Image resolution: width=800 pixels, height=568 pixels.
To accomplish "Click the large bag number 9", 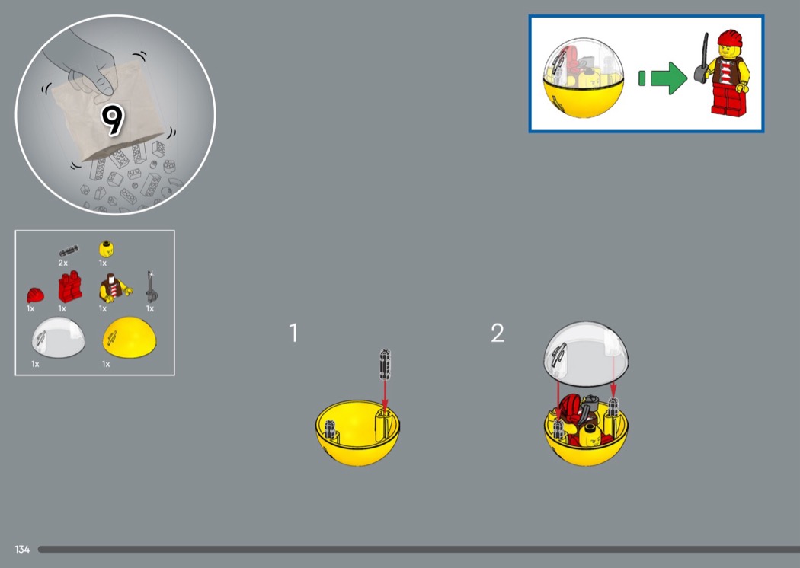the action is pos(113,120).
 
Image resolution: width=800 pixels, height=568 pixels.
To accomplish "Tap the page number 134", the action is pos(22,549).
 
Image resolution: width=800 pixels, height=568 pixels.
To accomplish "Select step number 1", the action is pos(293,333).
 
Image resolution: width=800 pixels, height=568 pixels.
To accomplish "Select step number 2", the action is pos(498,333).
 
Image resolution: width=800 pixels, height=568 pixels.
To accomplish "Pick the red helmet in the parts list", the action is pos(35,295).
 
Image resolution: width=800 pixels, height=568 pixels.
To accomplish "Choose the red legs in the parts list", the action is pos(70,286).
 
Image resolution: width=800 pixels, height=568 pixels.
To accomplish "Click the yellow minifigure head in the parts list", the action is pos(106,249).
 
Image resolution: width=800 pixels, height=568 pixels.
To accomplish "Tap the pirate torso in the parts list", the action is pos(115,288).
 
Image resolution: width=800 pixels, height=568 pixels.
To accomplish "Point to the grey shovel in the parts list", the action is pos(151,287).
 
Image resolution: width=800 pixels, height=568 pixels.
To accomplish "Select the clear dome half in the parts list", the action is pos(58,337).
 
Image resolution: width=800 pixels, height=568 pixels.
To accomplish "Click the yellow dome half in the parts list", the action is pos(130,337).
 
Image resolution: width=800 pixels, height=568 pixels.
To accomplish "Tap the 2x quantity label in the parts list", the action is pos(62,263).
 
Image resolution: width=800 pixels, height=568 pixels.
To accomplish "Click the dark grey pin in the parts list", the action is pos(69,250).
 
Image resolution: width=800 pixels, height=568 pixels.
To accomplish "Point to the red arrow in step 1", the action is pos(386,394).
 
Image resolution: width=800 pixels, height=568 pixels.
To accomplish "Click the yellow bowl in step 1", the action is pos(357,432).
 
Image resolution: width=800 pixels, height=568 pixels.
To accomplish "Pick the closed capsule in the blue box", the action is pos(584,78).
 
